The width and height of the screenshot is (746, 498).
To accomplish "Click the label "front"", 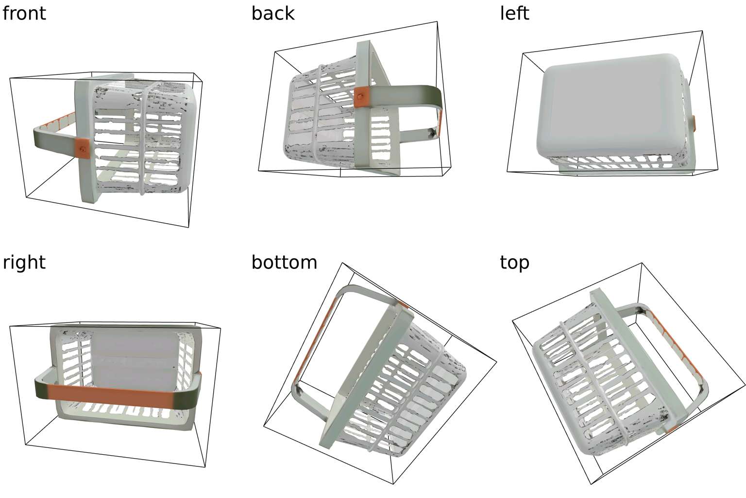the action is click(x=24, y=13).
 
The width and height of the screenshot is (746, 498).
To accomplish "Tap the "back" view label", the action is click(x=273, y=13).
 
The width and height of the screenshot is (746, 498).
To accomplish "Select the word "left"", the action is click(x=514, y=13).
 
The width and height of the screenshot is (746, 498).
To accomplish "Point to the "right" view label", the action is click(x=24, y=263).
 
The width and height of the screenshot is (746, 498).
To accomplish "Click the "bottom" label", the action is click(x=284, y=263).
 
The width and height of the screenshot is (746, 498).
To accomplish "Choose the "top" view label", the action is click(x=514, y=263).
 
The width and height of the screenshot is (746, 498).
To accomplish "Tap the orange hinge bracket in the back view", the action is click(x=360, y=97).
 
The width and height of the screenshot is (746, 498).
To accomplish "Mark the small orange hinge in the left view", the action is click(x=694, y=124).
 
